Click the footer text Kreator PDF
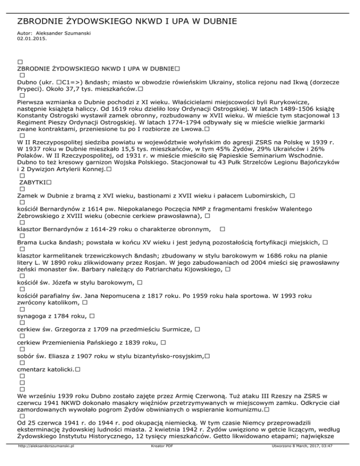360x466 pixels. pos(158,459)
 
